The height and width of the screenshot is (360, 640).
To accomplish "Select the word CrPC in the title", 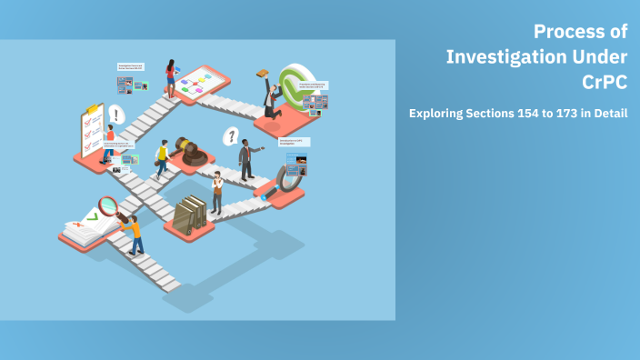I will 605,83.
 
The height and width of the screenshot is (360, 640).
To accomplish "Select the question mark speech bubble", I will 232,137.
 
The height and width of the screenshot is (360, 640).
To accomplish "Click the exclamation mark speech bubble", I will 116,115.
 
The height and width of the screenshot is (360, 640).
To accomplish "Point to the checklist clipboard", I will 93,130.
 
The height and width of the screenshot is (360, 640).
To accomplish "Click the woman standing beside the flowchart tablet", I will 170,78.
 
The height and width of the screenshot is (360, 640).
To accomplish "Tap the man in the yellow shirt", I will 163,158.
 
